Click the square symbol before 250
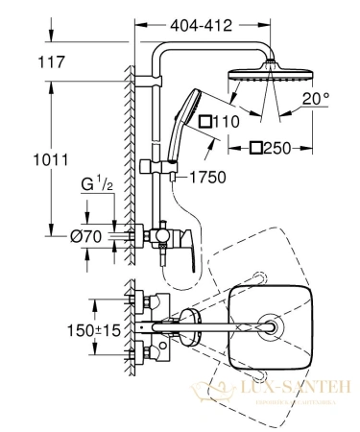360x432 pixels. coord(255,148)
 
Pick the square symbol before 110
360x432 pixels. coord(204,122)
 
